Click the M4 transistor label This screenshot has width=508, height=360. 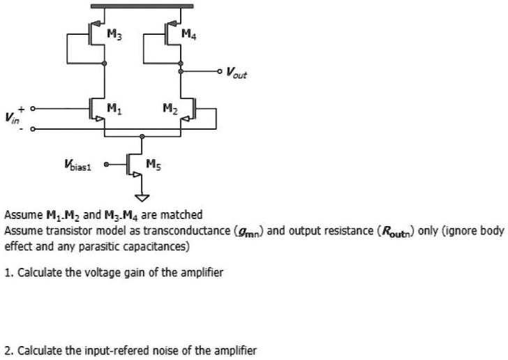pyautogui.click(x=188, y=33)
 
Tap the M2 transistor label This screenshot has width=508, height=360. pyautogui.click(x=168, y=107)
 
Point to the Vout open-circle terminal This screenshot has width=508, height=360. pyautogui.click(x=221, y=71)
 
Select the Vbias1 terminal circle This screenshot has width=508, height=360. pyautogui.click(x=106, y=165)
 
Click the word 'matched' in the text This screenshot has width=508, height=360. pyautogui.click(x=183, y=214)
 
